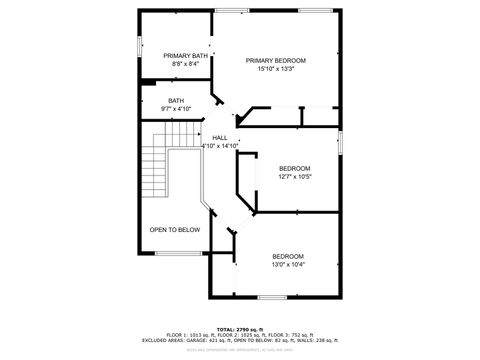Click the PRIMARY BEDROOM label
tap(276, 60)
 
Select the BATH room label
tap(176, 100)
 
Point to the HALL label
tap(220, 138)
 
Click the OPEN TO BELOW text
tap(175, 230)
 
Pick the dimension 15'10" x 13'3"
tap(276, 69)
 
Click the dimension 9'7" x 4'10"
tap(176, 108)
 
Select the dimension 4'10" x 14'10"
tap(220, 146)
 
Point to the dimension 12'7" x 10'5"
tap(294, 176)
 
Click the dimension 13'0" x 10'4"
tap(288, 265)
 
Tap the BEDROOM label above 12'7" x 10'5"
tap(294, 167)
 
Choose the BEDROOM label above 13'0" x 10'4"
tap(288, 256)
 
